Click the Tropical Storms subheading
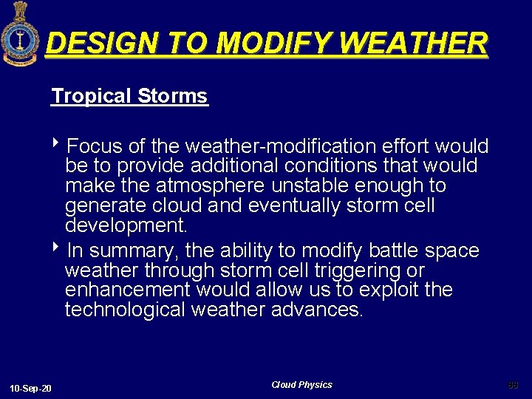coord(129,96)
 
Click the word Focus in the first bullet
coord(100,146)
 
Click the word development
coord(127,225)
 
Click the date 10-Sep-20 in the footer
coord(30,388)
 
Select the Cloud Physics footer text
coord(301,385)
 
